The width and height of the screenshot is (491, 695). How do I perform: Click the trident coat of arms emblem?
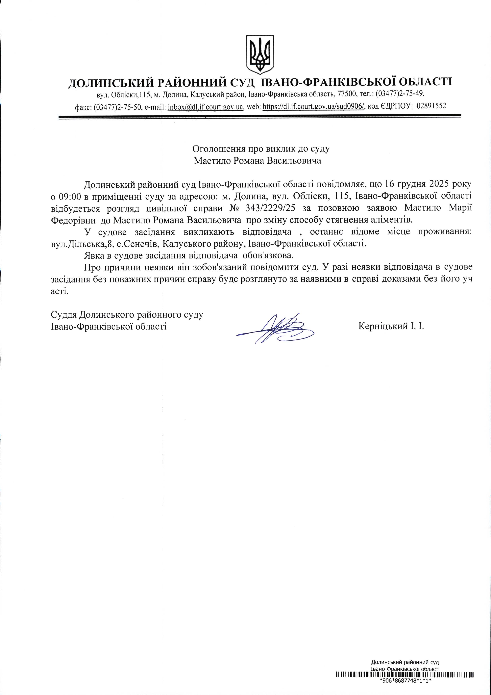click(260, 54)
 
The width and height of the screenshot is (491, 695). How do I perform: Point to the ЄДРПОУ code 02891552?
click(431, 106)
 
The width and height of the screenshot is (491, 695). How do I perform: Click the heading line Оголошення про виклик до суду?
click(261, 149)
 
